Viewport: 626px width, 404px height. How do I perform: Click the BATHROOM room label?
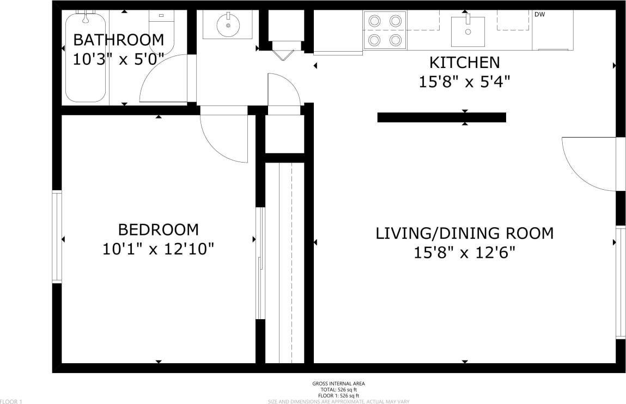click(x=118, y=40)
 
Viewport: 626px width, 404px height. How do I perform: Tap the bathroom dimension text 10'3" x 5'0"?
click(x=118, y=59)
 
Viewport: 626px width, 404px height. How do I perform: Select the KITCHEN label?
click(x=464, y=62)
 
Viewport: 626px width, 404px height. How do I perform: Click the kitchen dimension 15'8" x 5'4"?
click(x=464, y=82)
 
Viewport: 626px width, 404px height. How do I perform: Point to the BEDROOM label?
click(x=158, y=229)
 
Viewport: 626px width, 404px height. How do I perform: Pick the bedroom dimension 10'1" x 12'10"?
click(x=158, y=249)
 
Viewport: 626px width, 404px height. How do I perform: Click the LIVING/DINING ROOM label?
click(x=464, y=233)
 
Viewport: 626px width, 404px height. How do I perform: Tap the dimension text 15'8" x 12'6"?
click(x=464, y=253)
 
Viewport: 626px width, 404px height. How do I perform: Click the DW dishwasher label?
click(x=539, y=15)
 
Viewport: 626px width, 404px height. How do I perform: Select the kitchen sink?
click(x=467, y=31)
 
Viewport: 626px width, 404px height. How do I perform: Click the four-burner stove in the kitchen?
click(x=385, y=30)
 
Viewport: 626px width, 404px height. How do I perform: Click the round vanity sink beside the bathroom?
click(x=228, y=24)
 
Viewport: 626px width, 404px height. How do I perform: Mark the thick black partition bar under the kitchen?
click(x=441, y=117)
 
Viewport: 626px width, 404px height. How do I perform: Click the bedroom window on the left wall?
click(x=57, y=237)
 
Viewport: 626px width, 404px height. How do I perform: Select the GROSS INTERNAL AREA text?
click(x=338, y=383)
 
